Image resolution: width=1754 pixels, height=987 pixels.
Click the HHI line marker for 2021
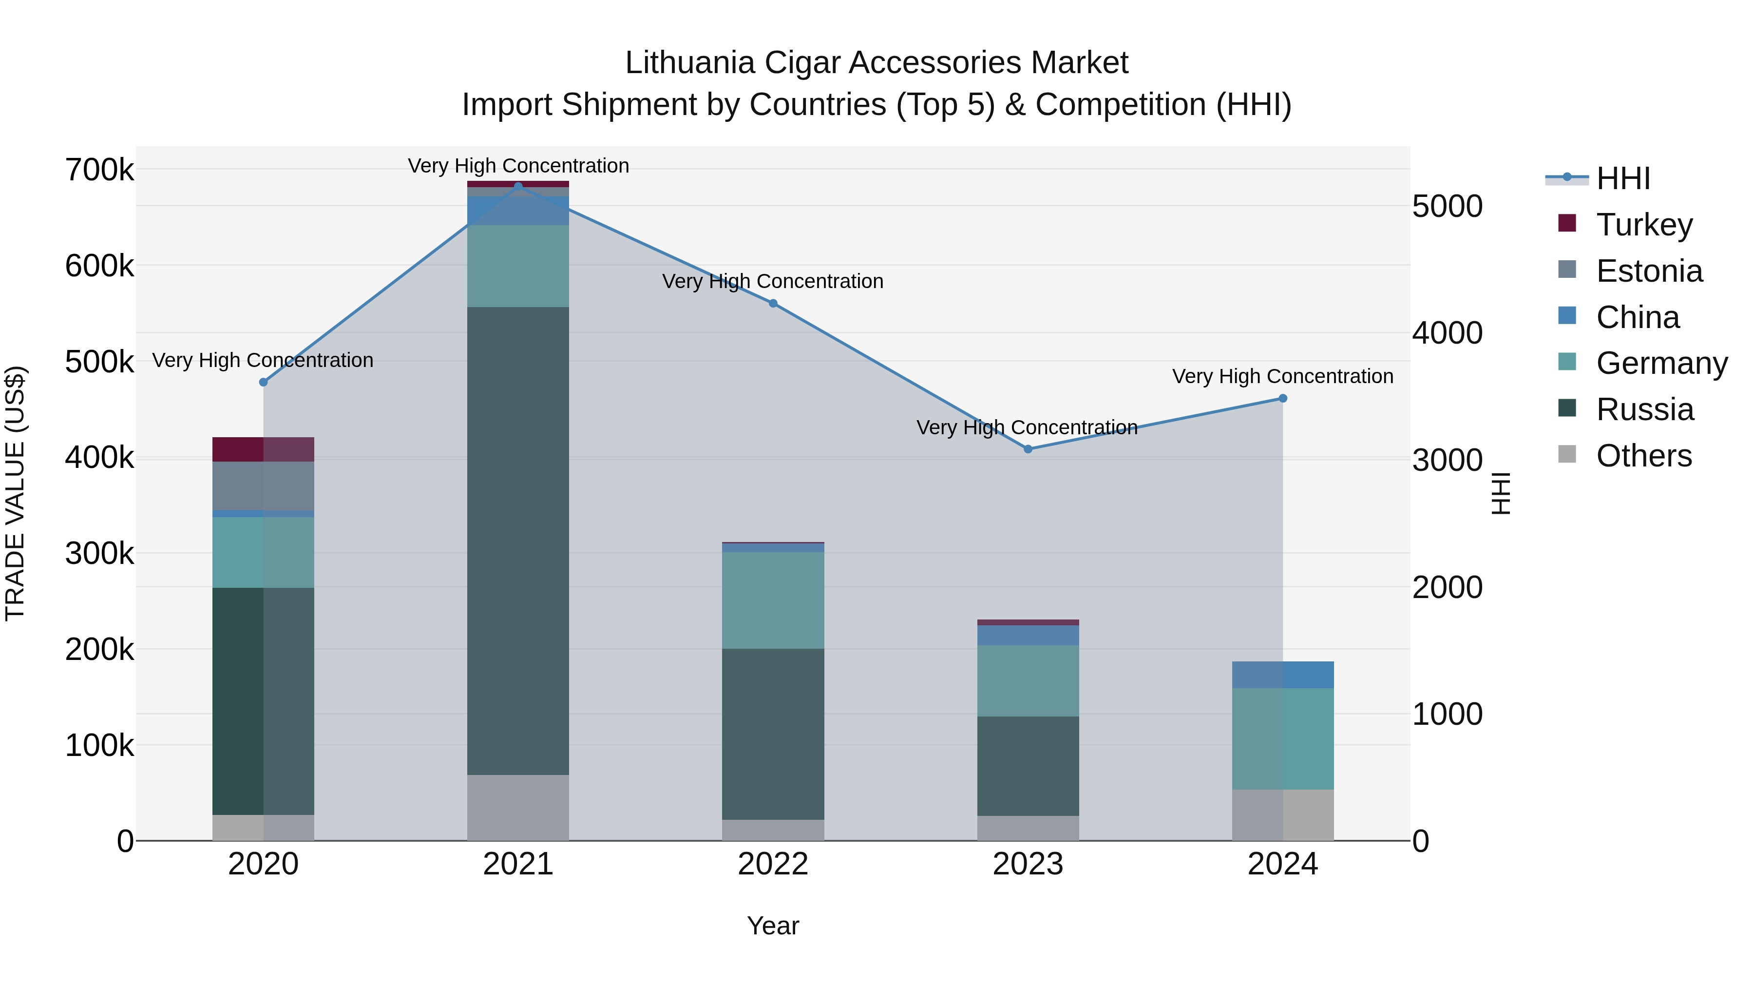click(x=518, y=186)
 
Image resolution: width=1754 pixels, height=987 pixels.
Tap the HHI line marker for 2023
click(x=1028, y=449)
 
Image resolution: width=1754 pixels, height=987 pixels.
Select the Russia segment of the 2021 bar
click(x=518, y=541)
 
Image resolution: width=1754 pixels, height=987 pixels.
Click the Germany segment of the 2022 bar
click(x=773, y=600)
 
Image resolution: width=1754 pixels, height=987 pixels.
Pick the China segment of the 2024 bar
click(x=1283, y=675)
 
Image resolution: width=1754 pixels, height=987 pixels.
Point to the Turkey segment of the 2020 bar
click(x=264, y=449)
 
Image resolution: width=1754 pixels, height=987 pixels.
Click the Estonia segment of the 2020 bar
click(x=264, y=485)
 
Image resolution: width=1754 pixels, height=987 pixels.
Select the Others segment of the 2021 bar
click(x=518, y=807)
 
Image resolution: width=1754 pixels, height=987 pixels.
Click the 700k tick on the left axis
click(x=99, y=170)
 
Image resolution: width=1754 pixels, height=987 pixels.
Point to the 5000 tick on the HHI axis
click(x=1447, y=206)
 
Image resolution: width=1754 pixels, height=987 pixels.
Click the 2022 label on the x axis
click(x=773, y=864)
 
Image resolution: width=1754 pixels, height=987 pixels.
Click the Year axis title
click(x=773, y=926)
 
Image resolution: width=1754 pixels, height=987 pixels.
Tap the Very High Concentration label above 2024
click(x=1282, y=376)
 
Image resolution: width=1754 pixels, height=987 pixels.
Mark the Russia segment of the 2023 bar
click(x=1028, y=766)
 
